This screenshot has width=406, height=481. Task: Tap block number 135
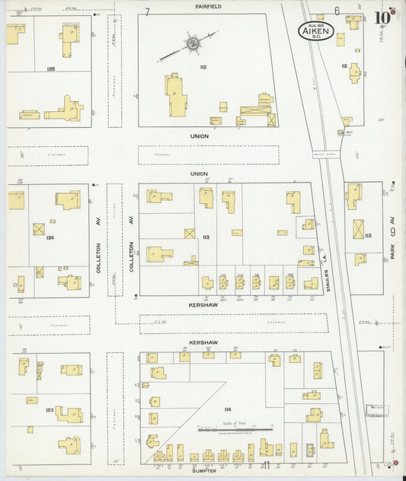[50, 69]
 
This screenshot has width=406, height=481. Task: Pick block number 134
[50, 237]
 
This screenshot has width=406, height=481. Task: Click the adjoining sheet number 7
[148, 11]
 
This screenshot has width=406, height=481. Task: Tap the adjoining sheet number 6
[336, 11]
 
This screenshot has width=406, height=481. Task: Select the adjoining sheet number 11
[267, 466]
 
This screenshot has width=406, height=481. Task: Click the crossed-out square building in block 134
[39, 228]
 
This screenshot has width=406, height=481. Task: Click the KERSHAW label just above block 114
[200, 342]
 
